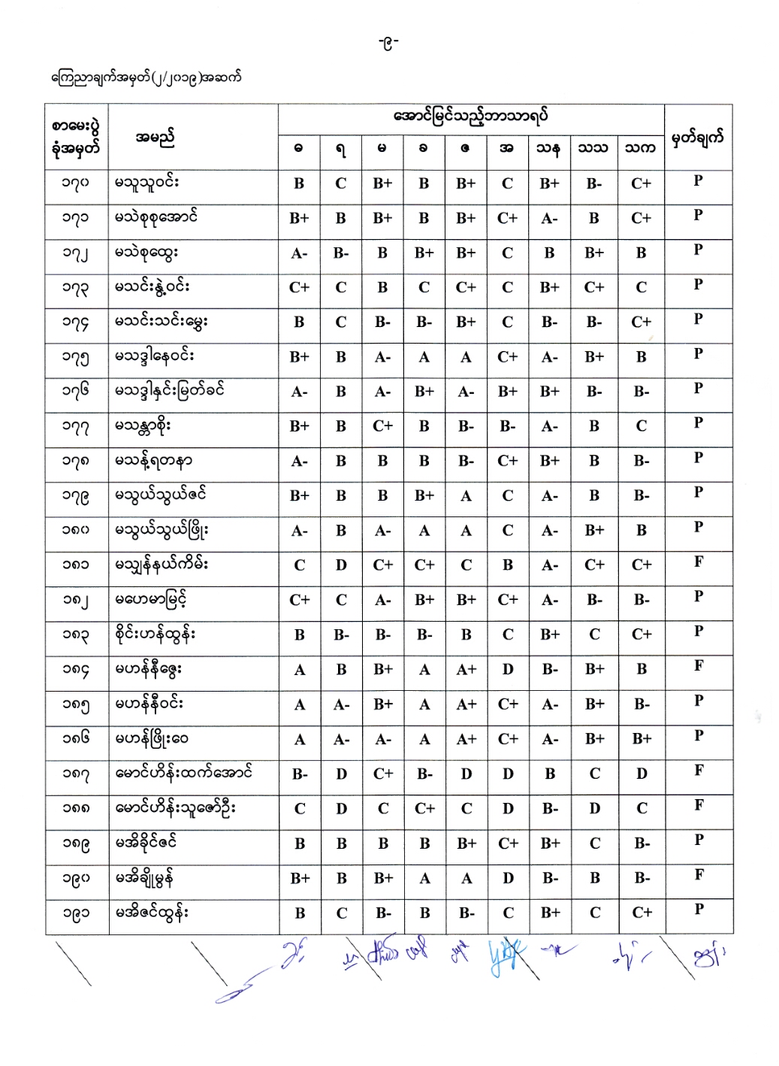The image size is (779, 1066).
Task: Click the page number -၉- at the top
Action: tap(388, 43)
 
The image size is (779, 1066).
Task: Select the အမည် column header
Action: tap(155, 138)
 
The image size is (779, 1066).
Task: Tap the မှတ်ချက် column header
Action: tap(697, 138)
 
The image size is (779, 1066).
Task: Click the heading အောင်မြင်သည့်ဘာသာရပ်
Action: tap(470, 117)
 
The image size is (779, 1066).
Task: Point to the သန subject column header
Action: tap(548, 148)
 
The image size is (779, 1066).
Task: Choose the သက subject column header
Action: tap(640, 148)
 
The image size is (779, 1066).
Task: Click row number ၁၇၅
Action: tap(76, 357)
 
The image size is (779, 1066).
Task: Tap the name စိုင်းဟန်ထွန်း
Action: tap(155, 634)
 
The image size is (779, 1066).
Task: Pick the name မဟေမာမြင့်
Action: tap(151, 600)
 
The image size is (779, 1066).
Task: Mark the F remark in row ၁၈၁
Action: tap(699, 562)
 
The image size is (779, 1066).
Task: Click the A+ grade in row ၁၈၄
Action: tap(466, 669)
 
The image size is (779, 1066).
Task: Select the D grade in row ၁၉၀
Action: tap(509, 878)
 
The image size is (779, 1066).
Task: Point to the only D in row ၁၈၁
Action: tap(341, 565)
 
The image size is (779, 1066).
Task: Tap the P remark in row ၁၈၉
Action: tap(699, 840)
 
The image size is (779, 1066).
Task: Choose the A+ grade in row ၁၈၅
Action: tap(466, 704)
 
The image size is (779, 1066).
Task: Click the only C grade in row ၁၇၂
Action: tap(508, 253)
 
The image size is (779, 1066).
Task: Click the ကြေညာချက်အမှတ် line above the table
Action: tap(146, 77)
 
